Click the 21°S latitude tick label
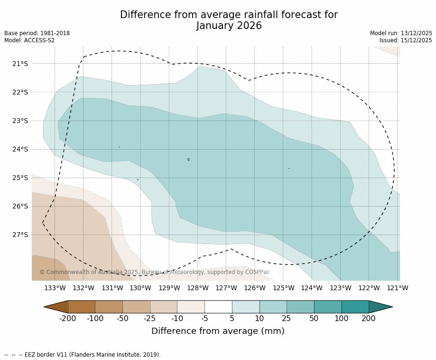click(20, 64)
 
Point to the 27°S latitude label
click(20, 235)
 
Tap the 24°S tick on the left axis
click(20, 149)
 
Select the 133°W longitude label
click(55, 288)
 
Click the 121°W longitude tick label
click(398, 288)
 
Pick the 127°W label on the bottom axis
click(226, 288)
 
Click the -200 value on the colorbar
click(67, 318)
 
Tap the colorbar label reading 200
click(369, 318)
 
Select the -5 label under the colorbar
click(204, 318)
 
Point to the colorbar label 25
click(287, 318)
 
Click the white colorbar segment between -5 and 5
click(218, 307)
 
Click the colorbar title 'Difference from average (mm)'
click(218, 331)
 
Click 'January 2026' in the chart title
click(229, 26)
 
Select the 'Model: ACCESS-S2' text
click(29, 40)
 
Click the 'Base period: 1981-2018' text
click(37, 33)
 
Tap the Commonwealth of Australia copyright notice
click(155, 272)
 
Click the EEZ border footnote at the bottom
click(83, 355)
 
